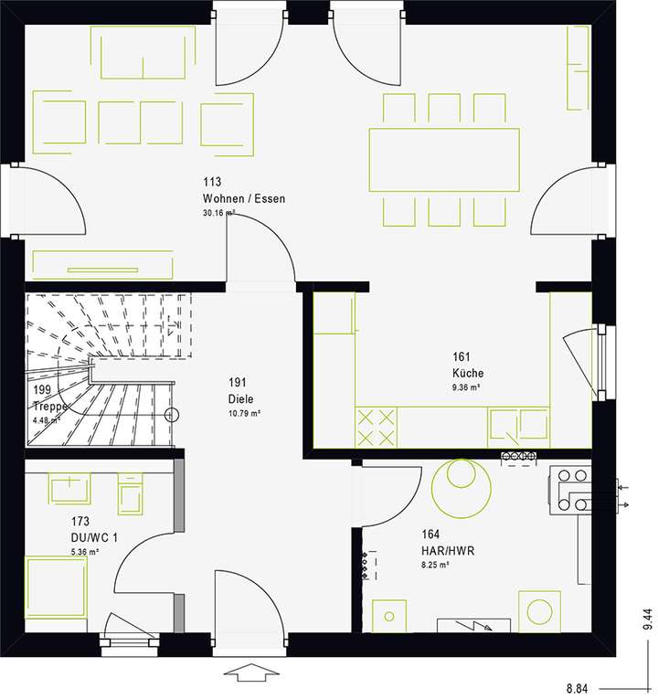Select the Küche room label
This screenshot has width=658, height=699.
click(x=467, y=373)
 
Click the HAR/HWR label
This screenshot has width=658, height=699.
click(x=447, y=552)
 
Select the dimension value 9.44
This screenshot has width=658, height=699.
click(x=647, y=620)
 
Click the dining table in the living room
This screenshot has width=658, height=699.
click(x=443, y=159)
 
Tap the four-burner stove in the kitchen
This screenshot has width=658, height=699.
click(x=376, y=427)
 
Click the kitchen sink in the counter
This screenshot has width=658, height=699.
click(x=518, y=427)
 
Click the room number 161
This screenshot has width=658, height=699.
click(x=462, y=357)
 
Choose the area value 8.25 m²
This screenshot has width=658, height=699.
click(x=435, y=567)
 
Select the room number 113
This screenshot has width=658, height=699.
click(x=212, y=183)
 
